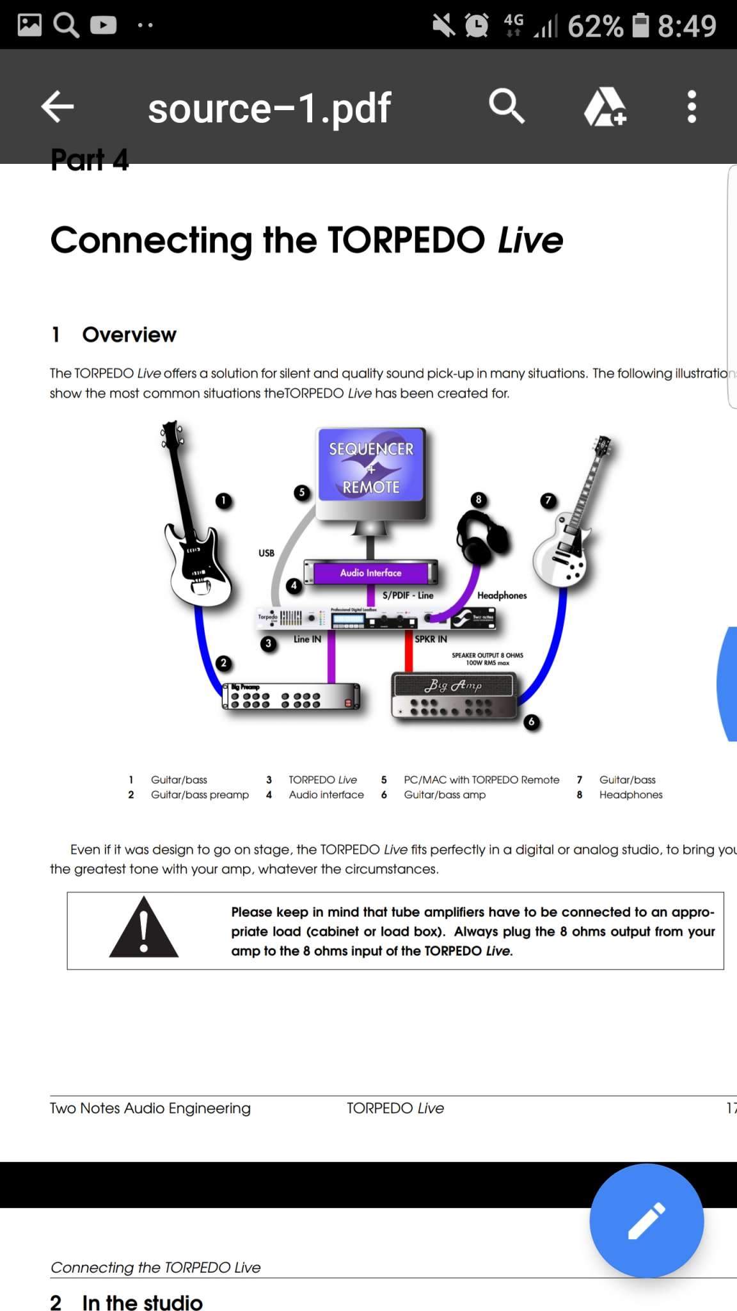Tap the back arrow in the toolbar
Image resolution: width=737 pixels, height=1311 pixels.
58,106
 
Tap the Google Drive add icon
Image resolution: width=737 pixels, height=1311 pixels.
605,107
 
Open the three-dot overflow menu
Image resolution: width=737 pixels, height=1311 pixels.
691,106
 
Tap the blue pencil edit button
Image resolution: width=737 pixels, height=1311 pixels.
646,1220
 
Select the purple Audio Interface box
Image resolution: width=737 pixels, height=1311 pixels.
371,572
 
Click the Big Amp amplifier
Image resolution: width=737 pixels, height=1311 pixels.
454,695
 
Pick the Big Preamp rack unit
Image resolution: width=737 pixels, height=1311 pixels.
291,696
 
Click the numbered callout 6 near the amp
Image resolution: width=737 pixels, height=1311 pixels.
531,722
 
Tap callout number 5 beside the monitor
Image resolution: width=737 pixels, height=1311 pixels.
302,492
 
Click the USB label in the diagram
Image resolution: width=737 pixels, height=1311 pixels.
266,553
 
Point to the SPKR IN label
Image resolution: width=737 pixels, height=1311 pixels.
431,639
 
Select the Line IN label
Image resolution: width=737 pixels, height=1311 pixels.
307,639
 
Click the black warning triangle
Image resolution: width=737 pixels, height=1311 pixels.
144,929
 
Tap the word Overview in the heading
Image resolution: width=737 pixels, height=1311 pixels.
129,335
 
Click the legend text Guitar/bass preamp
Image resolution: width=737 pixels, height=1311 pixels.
200,795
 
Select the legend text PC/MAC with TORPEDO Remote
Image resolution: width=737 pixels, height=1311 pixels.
481,780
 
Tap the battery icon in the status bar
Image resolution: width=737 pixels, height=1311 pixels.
640,26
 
